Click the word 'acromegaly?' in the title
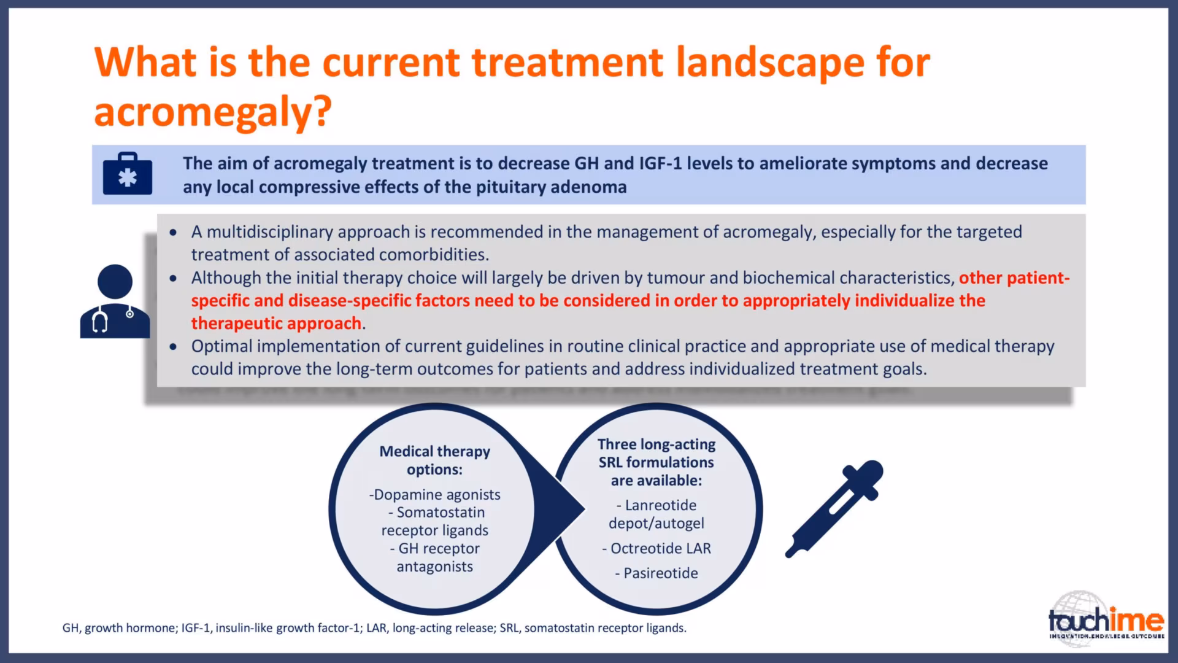click(213, 112)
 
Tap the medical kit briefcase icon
click(128, 174)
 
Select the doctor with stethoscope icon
click(115, 301)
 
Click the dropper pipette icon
click(834, 509)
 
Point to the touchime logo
click(1106, 616)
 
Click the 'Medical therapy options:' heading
click(435, 460)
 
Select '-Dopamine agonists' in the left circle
click(435, 495)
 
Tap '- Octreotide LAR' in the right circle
click(656, 548)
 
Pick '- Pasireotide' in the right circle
click(656, 573)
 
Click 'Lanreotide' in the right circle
click(661, 505)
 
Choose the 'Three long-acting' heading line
click(656, 444)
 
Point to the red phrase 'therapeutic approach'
click(277, 324)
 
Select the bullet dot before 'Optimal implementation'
click(174, 347)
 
